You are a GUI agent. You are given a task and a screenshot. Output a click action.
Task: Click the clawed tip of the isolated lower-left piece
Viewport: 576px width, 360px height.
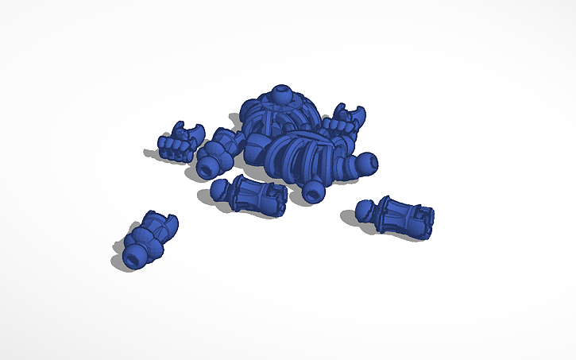(x=168, y=221)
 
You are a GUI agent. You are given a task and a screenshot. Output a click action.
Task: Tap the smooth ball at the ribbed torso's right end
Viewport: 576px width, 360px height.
(x=365, y=162)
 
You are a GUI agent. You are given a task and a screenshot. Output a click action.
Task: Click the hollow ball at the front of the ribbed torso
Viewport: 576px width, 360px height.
(x=313, y=190)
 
